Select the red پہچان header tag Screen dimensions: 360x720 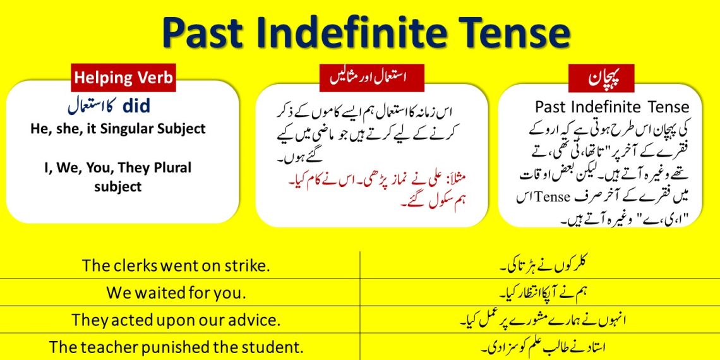[601, 78]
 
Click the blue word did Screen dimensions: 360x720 [136, 105]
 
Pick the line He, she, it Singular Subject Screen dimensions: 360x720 [118, 129]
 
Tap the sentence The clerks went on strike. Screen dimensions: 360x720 [176, 266]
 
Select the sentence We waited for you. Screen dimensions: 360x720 [176, 293]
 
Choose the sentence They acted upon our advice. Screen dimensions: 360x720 [176, 320]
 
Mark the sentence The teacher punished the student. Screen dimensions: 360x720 [176, 347]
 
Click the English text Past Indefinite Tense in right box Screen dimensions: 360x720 [611, 107]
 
